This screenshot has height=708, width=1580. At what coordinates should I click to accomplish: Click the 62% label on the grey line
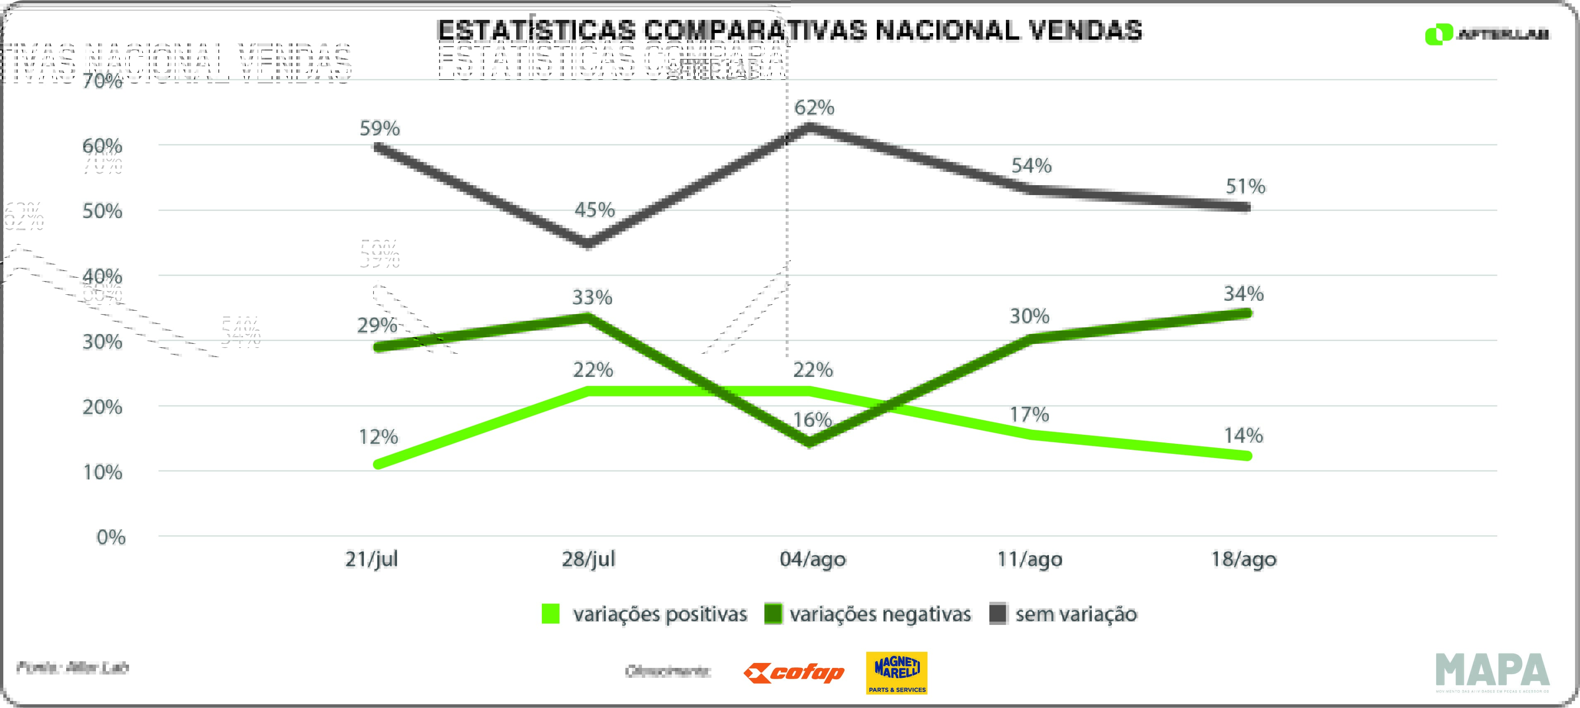point(814,108)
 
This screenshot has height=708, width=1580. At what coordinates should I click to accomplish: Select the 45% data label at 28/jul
point(594,210)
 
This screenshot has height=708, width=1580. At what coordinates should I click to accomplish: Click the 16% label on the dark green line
point(812,420)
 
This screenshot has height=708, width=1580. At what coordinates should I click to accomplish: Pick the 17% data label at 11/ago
point(1029,415)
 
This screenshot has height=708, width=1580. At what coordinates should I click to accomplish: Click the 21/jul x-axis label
point(371,559)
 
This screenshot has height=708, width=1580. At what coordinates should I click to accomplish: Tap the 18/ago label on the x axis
point(1243,559)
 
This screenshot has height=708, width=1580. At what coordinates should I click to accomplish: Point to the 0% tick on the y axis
point(111,538)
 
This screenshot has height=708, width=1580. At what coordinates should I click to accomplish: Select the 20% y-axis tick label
point(103,407)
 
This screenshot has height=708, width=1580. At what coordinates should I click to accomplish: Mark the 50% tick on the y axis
point(103,212)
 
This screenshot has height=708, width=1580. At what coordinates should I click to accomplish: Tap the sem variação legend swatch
point(998,614)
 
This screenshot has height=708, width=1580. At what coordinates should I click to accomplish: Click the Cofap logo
point(794,673)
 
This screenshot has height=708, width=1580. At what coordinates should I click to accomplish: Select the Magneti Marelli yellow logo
point(896,672)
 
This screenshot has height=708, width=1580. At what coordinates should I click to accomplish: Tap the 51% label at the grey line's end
point(1245,186)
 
